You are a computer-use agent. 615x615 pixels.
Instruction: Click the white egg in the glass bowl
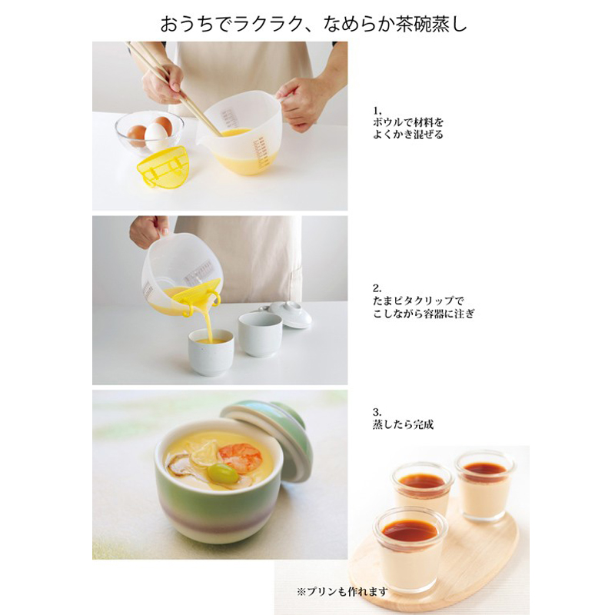(155, 135)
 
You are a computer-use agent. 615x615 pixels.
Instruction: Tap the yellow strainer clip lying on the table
(162, 165)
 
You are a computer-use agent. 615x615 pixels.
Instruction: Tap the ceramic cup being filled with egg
(211, 352)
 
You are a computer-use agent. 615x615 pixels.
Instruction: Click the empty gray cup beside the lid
(260, 334)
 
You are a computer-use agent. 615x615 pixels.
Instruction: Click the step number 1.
(377, 111)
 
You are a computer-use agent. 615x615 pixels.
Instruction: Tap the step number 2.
(377, 289)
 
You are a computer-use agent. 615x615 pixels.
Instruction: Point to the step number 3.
(377, 412)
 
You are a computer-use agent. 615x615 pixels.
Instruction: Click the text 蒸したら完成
(403, 424)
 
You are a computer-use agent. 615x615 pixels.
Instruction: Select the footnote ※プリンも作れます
(342, 592)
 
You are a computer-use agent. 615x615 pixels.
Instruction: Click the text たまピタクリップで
(418, 301)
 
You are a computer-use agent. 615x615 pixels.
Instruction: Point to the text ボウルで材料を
(408, 122)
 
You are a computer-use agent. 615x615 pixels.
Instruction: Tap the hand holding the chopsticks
(163, 85)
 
